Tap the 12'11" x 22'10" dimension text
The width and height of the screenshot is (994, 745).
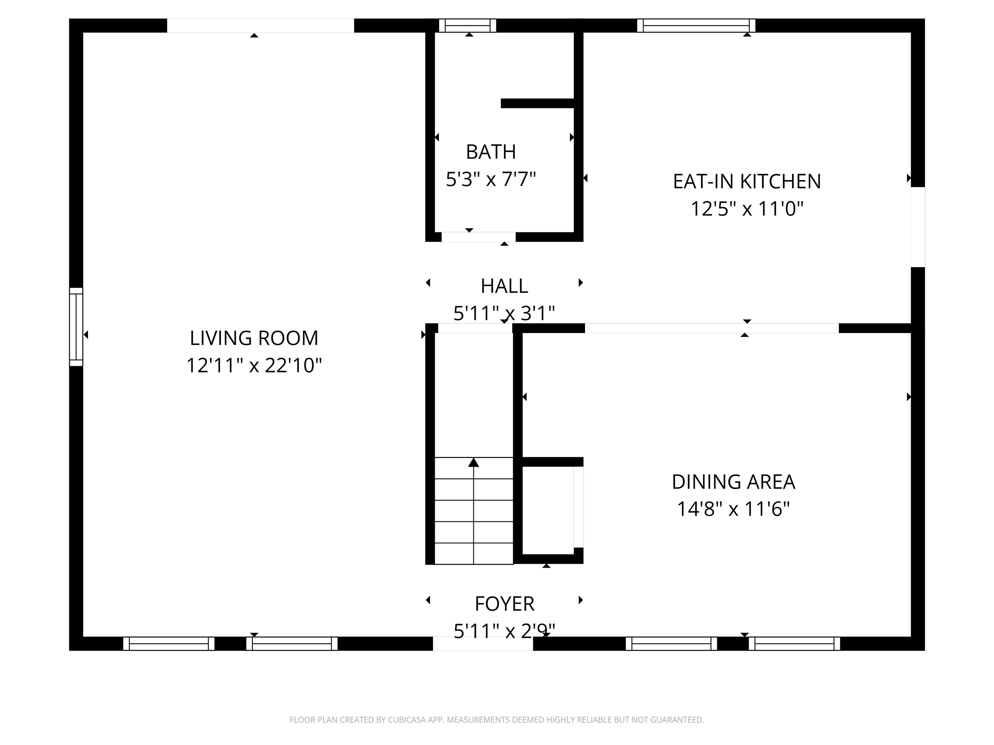click(254, 365)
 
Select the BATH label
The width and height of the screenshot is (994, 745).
click(491, 152)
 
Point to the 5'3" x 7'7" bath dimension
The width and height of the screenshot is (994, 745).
click(491, 179)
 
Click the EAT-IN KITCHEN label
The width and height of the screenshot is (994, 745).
click(747, 181)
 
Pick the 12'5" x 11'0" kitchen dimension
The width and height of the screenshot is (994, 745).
click(747, 209)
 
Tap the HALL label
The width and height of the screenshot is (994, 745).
click(504, 286)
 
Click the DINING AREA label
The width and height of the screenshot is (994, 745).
click(734, 482)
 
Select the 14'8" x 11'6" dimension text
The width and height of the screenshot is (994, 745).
click(734, 509)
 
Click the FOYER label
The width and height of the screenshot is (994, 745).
click(504, 604)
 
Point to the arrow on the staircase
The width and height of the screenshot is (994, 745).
click(474, 462)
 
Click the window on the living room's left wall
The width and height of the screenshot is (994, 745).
click(76, 327)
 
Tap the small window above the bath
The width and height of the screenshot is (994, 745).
click(467, 26)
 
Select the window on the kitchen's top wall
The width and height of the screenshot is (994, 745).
click(696, 26)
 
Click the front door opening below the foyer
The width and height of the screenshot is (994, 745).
click(483, 643)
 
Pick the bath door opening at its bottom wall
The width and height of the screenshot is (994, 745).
click(478, 237)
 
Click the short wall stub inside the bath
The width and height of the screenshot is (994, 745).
click(537, 103)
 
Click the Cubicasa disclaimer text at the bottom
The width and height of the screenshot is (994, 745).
click(497, 720)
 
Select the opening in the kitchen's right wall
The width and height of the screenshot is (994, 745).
click(918, 227)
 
